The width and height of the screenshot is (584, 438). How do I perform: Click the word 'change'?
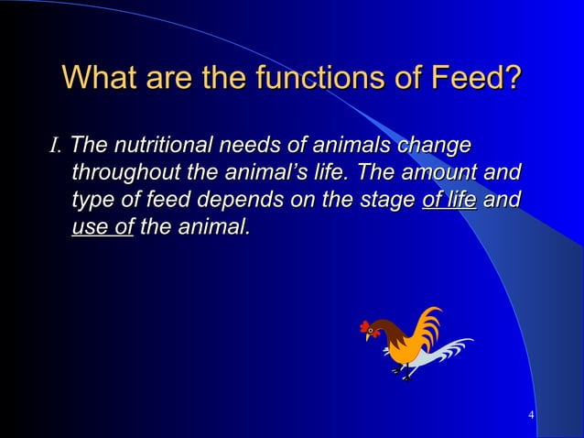pos(435,145)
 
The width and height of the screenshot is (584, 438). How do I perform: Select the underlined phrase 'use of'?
pos(103,224)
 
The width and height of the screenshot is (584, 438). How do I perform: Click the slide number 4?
pos(532,419)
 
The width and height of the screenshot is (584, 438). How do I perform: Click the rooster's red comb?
pos(365,325)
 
